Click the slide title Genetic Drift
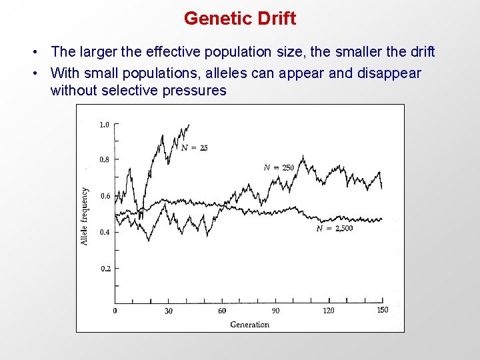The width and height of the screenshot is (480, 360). (240, 19)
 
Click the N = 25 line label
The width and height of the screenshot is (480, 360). (194, 148)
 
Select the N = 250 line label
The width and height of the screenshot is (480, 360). (279, 167)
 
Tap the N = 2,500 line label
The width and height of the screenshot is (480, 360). (335, 229)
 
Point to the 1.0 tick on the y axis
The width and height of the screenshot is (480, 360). (105, 125)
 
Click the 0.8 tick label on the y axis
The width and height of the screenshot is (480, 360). (105, 160)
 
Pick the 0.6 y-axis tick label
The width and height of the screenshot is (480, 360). (105, 196)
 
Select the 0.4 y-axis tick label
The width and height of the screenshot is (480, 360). (105, 233)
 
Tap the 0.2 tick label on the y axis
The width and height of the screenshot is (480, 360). (105, 269)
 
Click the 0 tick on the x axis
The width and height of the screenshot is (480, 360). (115, 311)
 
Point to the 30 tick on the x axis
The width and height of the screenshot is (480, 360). (169, 311)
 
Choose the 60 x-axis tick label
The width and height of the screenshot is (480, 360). (222, 311)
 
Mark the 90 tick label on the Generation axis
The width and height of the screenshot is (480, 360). (275, 311)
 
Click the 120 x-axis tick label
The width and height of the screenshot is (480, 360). (329, 311)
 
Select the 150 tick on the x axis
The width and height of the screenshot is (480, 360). (383, 310)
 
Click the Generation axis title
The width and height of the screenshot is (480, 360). (249, 325)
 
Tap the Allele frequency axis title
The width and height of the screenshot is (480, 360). (85, 215)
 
